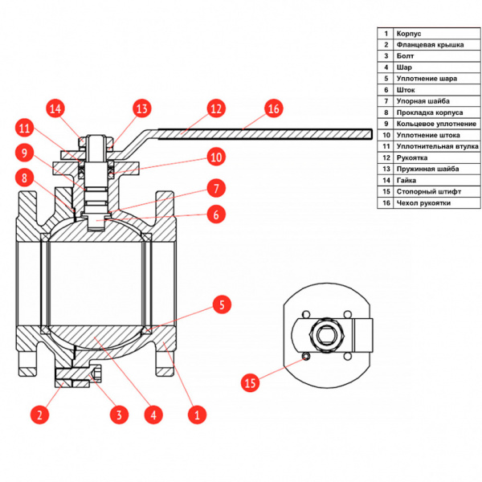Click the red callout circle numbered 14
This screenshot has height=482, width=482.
coord(55,108)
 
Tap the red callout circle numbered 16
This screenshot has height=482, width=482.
coord(274,108)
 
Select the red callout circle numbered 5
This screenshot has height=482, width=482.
coord(222,304)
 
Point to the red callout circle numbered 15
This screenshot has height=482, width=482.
coord(250,382)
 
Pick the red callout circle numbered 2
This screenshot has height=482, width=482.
coord(39,415)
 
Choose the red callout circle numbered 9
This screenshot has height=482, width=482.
coord(25,153)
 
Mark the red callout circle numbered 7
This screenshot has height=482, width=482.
coord(216,188)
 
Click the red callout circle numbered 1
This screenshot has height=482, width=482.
coord(197,415)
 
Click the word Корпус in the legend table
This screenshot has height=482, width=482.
coord(409,34)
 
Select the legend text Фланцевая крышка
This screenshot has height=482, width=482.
coord(430,45)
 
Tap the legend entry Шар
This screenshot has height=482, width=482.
coord(404,67)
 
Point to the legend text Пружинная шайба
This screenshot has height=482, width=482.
coord(427,169)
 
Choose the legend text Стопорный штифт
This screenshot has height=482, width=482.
coord(429,192)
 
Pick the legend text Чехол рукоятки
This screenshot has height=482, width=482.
coord(423,203)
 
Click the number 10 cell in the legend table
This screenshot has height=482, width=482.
coord(386,135)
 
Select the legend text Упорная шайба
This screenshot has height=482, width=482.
coord(423,101)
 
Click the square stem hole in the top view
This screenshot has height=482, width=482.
coord(327,335)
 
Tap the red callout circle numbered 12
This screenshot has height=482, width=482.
coord(216,108)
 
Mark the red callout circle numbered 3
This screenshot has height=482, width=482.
coord(119,415)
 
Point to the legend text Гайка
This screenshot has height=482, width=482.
coord(406,181)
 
